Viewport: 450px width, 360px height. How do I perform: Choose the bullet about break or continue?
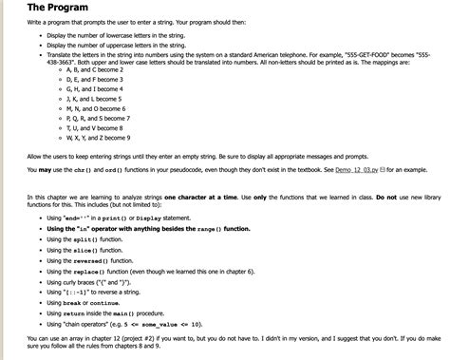tap(86, 302)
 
